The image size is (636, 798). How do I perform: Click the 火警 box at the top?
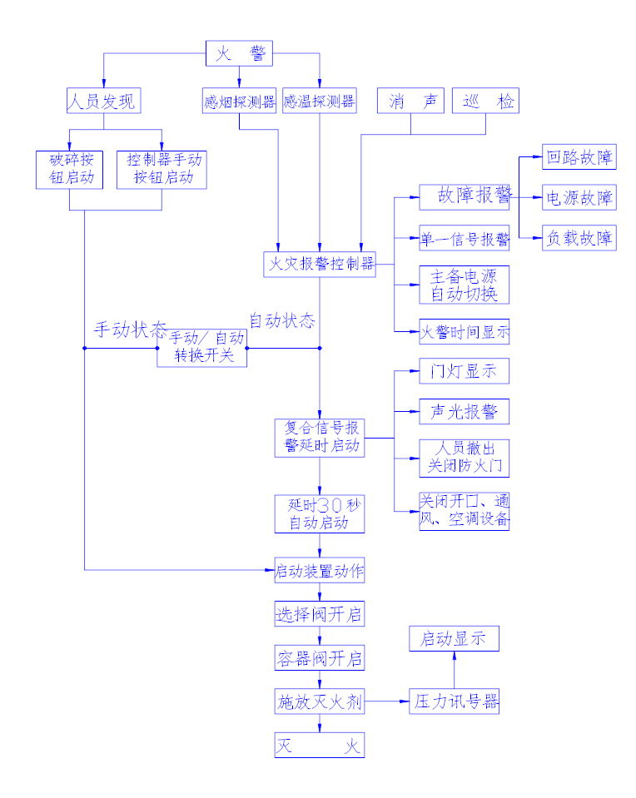point(240,54)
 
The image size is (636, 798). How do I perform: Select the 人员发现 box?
point(103,102)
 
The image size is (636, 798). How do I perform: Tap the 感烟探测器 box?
point(239,102)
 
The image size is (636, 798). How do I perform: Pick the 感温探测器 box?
point(319,102)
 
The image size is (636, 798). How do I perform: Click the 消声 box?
point(410,102)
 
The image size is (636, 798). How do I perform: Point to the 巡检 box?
point(485,102)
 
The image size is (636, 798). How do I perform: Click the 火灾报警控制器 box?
point(320,265)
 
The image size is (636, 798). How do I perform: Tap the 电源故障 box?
point(579,198)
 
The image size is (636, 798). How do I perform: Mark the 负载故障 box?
point(579,238)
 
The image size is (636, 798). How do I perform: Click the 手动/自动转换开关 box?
point(202,348)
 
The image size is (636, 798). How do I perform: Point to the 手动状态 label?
point(129,329)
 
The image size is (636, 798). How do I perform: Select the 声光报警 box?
point(464,412)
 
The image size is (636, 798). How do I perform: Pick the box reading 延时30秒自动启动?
point(320,514)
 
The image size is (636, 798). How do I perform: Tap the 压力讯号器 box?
point(455,701)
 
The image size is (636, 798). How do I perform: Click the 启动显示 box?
point(455,639)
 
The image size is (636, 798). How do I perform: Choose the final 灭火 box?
point(320,745)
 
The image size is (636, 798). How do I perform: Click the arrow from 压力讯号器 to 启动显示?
point(455,670)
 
